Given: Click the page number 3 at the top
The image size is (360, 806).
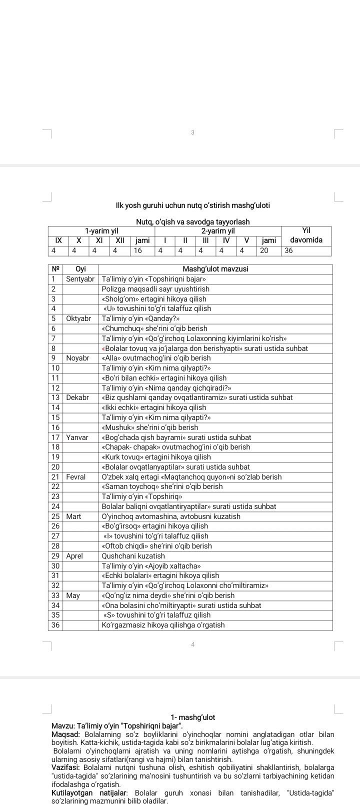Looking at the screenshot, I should (x=192, y=132).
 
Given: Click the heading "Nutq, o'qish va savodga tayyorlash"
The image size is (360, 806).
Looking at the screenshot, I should (x=192, y=221).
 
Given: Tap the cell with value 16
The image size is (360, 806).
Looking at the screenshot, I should (x=137, y=250).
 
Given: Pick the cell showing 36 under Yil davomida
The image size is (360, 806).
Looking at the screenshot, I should (x=288, y=250).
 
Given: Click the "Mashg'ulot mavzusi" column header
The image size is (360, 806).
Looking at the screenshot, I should (x=215, y=269).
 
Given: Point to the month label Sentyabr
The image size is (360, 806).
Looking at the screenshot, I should (x=80, y=279).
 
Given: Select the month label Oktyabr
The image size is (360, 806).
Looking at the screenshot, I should (x=78, y=318).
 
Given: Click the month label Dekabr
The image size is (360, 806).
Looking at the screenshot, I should (x=77, y=397).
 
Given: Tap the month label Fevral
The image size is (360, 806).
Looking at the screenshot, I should (x=75, y=477).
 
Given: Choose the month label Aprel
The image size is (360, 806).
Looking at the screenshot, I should (x=74, y=556).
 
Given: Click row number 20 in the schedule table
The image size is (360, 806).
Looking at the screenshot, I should (x=55, y=467).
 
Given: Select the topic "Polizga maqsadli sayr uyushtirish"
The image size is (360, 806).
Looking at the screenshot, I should (x=155, y=289).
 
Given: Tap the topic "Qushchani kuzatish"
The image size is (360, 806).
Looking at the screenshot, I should (x=133, y=556).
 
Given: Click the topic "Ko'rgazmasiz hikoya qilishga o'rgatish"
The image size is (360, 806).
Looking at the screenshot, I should (x=163, y=625).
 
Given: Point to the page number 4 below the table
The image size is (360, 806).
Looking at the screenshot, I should (x=192, y=644).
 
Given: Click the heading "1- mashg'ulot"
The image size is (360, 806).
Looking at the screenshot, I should (x=192, y=717).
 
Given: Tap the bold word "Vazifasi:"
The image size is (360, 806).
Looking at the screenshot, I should (x=66, y=767).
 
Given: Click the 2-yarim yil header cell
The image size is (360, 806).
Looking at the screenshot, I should (x=218, y=231).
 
